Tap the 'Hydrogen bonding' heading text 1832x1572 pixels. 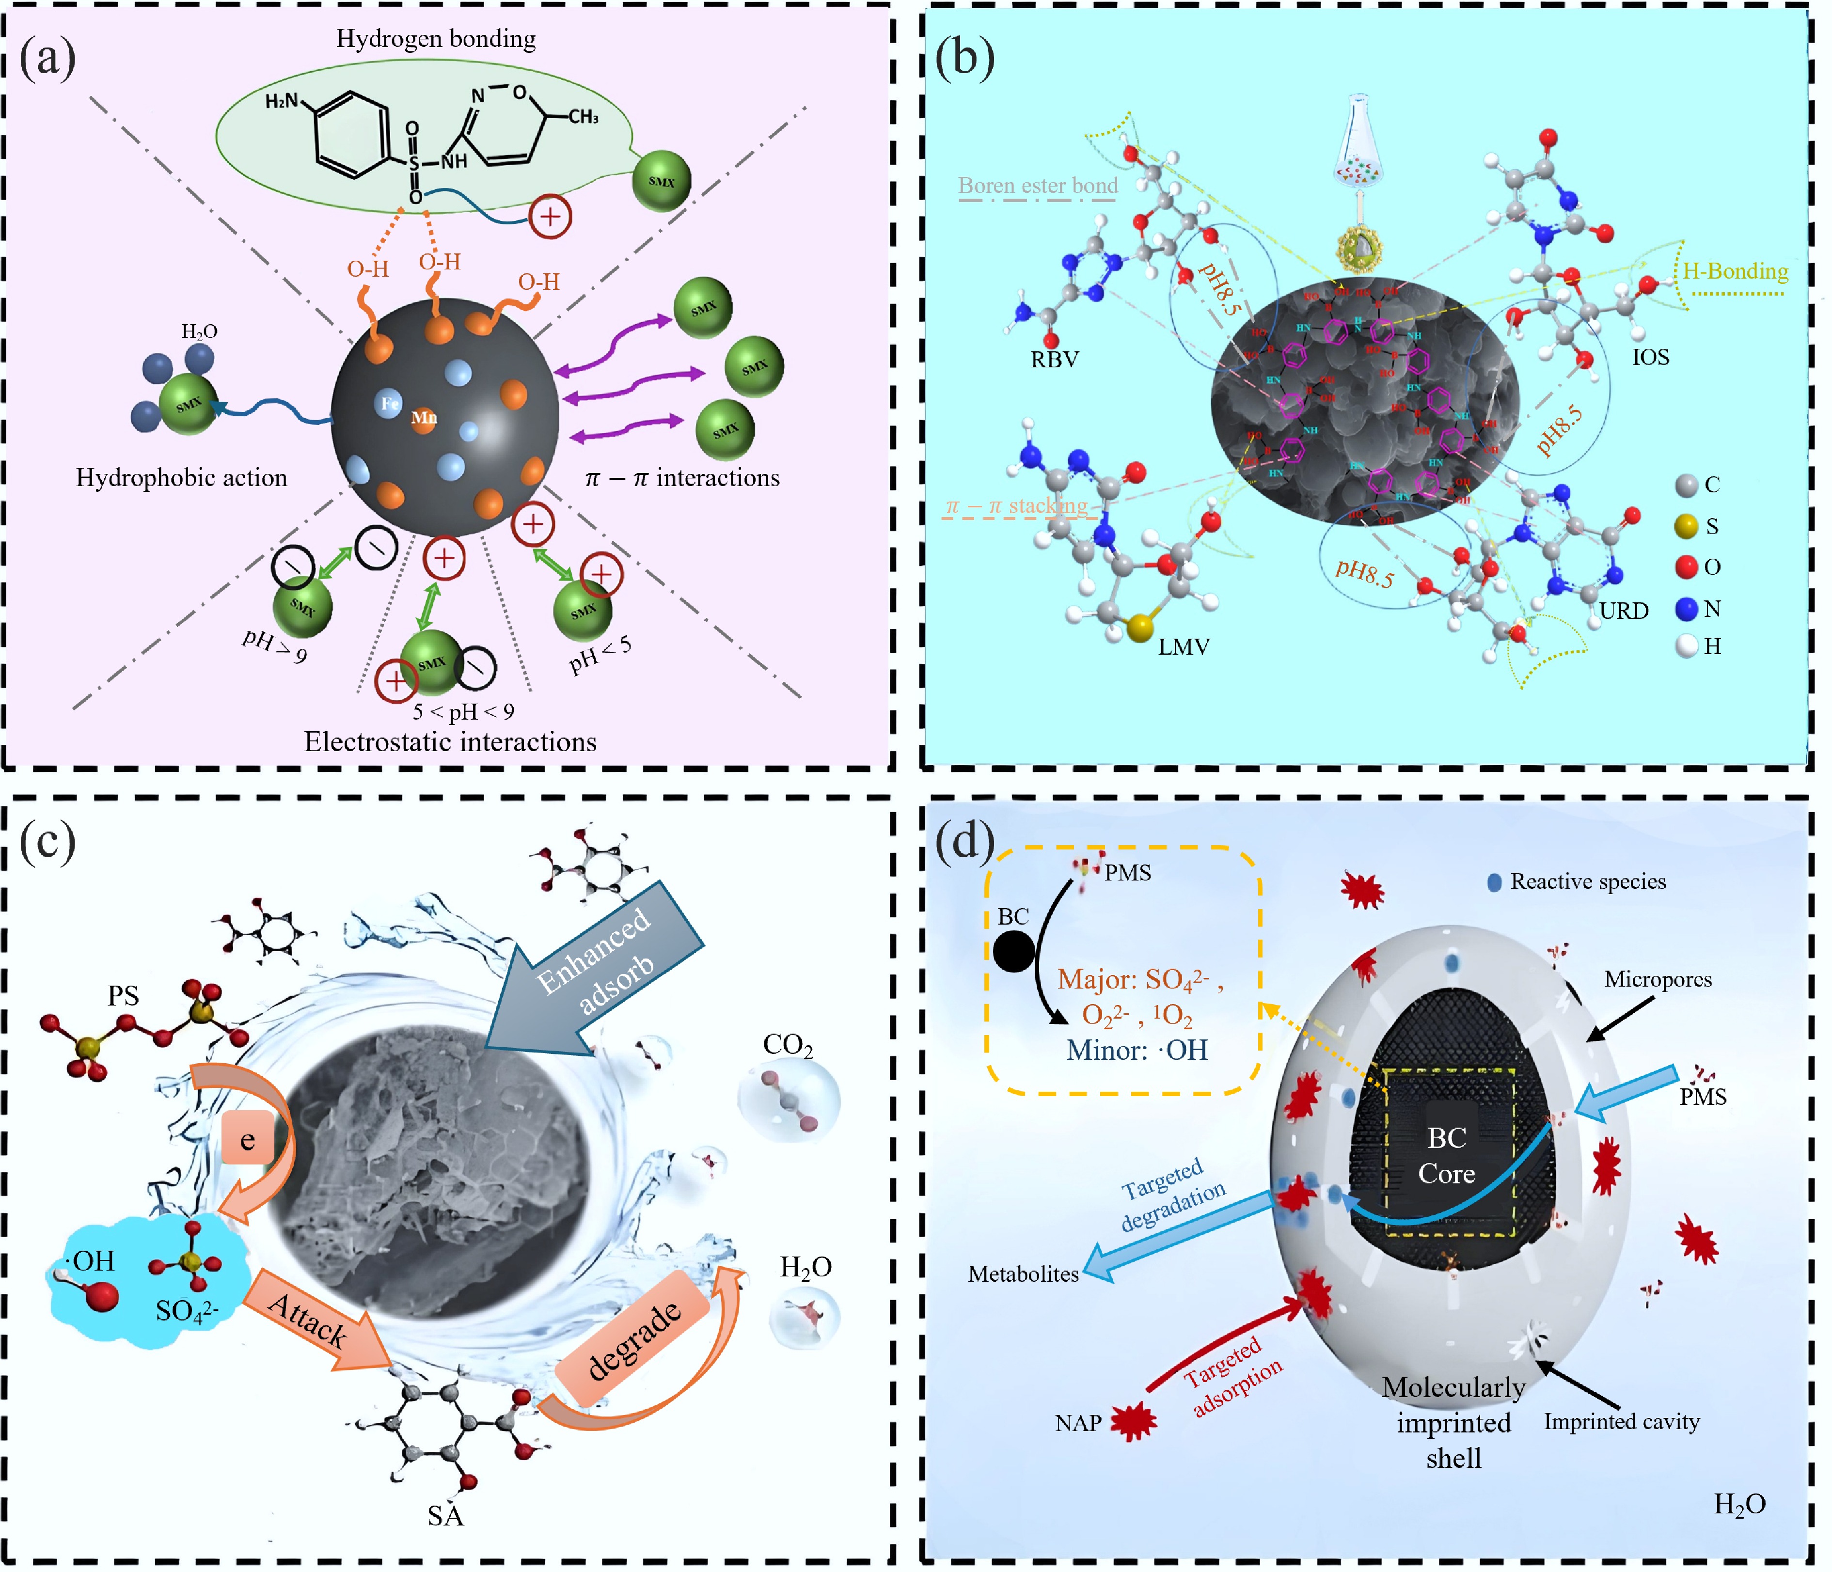435,39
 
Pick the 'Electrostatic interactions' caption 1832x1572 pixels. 450,742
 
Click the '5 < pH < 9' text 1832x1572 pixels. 463,712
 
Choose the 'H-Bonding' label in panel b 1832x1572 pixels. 1735,271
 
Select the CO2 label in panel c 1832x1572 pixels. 787,1045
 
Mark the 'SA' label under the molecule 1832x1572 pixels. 445,1516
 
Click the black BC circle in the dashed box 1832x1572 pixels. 1013,952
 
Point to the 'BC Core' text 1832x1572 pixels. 1447,1156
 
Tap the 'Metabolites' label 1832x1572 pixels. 1023,1274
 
